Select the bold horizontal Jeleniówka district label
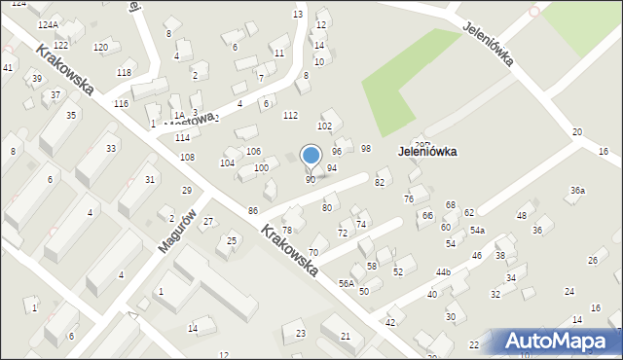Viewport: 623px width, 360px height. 427,152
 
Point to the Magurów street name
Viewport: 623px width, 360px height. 178,231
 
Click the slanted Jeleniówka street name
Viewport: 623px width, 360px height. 488,44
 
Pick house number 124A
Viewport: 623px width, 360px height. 48,23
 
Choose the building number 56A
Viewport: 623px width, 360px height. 346,283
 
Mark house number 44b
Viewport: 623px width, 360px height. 443,271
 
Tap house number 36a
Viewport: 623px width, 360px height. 577,190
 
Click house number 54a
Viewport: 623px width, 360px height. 477,231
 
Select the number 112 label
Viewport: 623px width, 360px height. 290,116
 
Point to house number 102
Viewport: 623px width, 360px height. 324,126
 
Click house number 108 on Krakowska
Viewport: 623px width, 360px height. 187,157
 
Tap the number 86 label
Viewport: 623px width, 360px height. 253,210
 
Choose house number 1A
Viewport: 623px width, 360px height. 177,100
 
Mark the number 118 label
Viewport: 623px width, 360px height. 124,73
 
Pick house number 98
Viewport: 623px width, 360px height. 366,148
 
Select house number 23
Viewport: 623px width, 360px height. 301,334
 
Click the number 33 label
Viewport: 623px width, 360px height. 111,148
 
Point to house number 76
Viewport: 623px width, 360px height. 409,198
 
